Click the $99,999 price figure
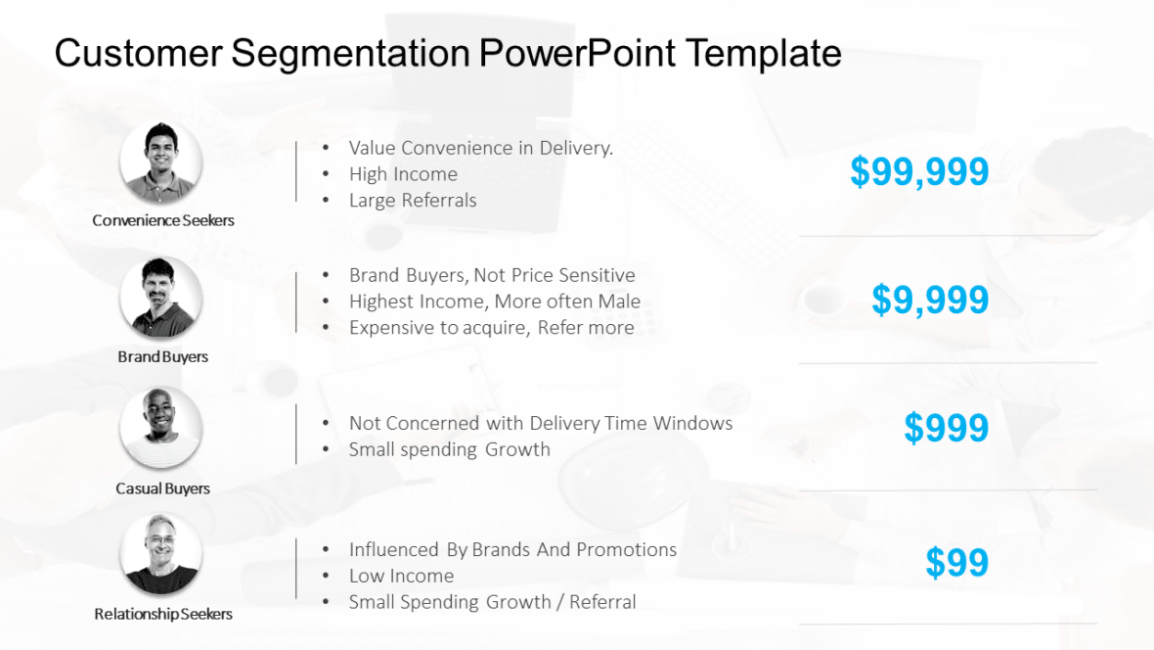[919, 172]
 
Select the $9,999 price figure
[930, 301]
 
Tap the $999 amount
[946, 429]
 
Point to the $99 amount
[956, 563]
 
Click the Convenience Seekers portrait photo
[161, 162]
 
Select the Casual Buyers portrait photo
[161, 428]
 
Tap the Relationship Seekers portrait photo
[161, 555]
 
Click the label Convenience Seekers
[163, 220]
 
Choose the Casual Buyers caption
[163, 488]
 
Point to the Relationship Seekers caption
[163, 615]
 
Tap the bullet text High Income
[403, 174]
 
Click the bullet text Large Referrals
[413, 201]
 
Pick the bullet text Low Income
[401, 577]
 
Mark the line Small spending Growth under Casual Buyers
[449, 450]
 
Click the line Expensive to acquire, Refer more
[491, 328]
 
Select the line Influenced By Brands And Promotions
[512, 550]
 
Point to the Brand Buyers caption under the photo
[163, 357]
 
